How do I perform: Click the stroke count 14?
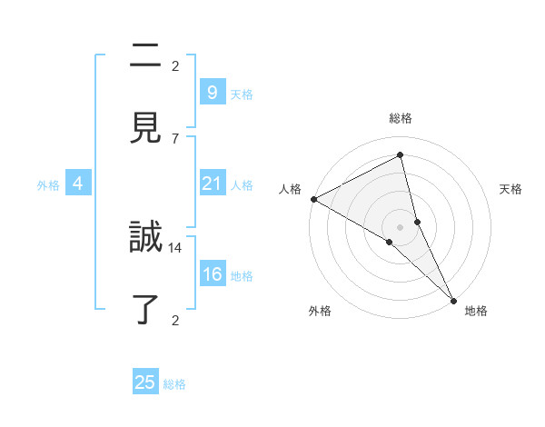pos(175,247)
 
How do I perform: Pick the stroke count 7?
pos(175,138)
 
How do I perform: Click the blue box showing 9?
pos(212,92)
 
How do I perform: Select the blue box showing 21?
pos(212,184)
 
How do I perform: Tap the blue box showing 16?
pos(212,274)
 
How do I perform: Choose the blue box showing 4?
pos(78,184)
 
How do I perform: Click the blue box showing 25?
pos(145,382)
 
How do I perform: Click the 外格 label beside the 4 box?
pos(48,184)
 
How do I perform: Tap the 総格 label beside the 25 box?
pos(174,384)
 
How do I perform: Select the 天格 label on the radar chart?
pos(510,189)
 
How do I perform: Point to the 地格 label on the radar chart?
pos(476,312)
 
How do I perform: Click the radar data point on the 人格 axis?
pos(313,199)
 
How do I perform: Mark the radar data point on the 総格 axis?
pos(400,155)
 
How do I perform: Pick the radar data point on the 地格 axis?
pos(453,299)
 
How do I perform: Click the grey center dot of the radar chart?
pos(400,226)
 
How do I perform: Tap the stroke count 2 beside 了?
pos(175,319)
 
